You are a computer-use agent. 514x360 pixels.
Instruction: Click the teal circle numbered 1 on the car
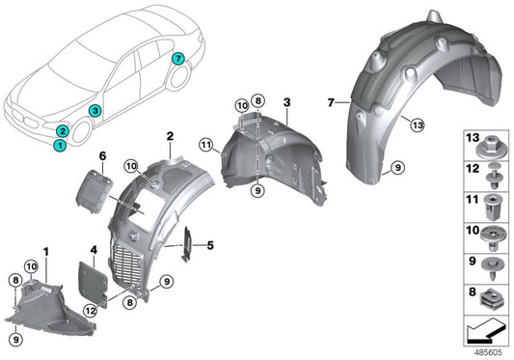60,146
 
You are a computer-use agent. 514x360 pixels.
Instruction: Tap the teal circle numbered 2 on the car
63,130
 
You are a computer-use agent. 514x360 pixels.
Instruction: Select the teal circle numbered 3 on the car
94,112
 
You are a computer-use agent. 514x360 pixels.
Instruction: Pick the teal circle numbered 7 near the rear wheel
176,59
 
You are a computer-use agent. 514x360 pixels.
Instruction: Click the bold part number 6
101,155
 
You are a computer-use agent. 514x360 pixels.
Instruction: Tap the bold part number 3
286,101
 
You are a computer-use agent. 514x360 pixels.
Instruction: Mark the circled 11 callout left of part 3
205,145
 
